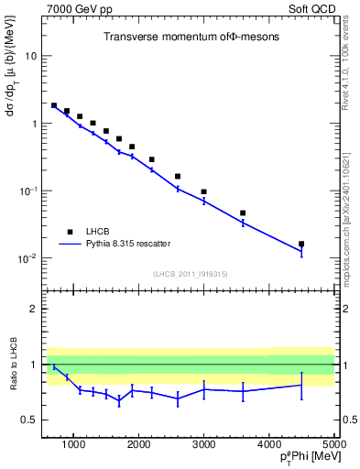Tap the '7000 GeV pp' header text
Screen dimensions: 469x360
click(x=76, y=8)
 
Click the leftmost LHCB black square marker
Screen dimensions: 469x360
click(x=54, y=106)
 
